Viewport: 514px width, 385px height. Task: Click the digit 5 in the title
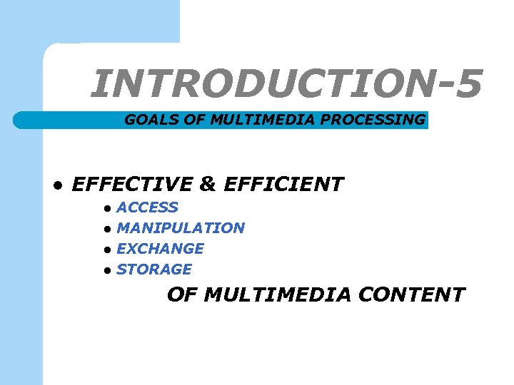coord(467,84)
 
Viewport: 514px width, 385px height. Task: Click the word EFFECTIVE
coord(133,185)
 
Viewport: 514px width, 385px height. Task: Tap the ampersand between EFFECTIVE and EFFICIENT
coord(208,185)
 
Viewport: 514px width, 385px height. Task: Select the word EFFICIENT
coord(283,185)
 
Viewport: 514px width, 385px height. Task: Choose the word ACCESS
coord(147,207)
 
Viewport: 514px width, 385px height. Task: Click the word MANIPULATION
coord(180,228)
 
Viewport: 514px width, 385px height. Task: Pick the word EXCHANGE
coord(160,249)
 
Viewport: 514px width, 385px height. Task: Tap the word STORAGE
coord(153,269)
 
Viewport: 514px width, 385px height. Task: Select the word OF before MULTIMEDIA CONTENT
coord(182,294)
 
